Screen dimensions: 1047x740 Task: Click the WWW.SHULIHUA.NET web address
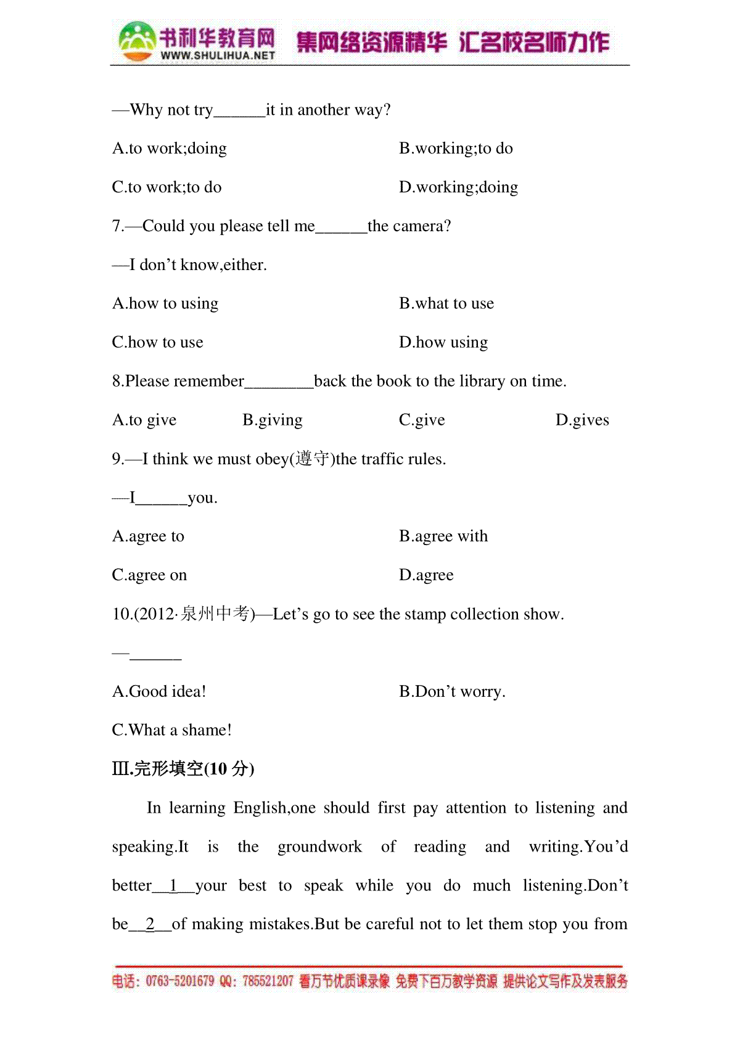tap(218, 55)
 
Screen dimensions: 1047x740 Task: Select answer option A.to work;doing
tap(170, 149)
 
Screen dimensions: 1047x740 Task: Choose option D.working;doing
tap(458, 187)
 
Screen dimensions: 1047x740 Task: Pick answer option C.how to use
tap(158, 342)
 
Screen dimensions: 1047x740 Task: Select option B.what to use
tap(446, 303)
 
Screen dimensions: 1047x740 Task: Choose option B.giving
tap(273, 420)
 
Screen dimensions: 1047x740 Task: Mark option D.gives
tap(582, 420)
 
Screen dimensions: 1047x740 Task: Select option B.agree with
tap(443, 536)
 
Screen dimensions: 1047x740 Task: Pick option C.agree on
tap(149, 575)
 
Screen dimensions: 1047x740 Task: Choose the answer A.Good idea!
tap(159, 692)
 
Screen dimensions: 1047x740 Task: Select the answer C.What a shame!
tap(172, 731)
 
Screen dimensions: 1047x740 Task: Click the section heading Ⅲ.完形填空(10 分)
tap(183, 769)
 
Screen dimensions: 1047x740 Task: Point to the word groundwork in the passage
tap(319, 847)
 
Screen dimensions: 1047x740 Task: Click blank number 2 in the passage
tap(150, 924)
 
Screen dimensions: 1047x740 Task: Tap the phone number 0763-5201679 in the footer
tap(180, 981)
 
